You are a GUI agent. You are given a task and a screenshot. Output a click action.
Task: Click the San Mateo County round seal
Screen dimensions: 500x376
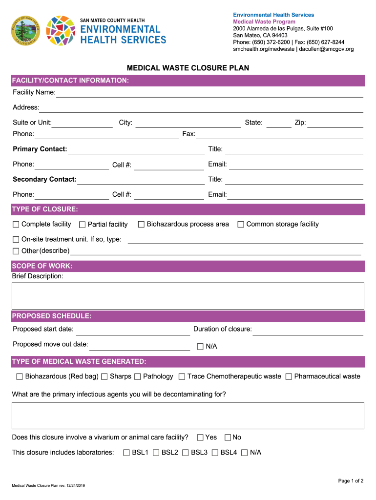(26, 31)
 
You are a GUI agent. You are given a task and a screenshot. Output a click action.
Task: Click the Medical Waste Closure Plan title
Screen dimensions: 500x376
(188, 68)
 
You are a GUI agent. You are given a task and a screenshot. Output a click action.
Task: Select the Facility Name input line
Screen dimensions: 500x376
(210, 93)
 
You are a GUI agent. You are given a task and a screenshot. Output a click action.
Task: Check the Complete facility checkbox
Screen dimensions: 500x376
(16, 224)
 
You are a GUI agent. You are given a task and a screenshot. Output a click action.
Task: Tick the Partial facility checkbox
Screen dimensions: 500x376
(82, 225)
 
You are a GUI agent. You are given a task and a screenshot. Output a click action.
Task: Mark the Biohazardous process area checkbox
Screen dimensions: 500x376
(141, 224)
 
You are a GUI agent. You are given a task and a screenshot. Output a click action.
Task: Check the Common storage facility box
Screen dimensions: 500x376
(240, 224)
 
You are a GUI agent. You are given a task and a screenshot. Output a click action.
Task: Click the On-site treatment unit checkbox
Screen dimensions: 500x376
(16, 240)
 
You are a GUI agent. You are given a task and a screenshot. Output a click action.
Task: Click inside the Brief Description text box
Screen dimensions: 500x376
(188, 295)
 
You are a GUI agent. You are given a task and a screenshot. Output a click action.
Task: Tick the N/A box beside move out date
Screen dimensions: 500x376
(200, 347)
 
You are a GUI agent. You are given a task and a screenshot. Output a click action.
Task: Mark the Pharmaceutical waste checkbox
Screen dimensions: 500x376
(289, 376)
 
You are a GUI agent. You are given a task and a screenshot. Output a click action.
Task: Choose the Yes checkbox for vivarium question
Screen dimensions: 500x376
(200, 437)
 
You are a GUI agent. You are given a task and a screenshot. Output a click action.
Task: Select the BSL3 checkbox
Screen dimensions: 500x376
(185, 453)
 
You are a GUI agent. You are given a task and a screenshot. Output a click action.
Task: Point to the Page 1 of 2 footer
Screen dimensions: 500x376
(351, 481)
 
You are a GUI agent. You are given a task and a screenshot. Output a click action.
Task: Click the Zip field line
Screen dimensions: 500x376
(335, 124)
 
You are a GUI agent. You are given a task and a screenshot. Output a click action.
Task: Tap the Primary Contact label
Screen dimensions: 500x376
(40, 149)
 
